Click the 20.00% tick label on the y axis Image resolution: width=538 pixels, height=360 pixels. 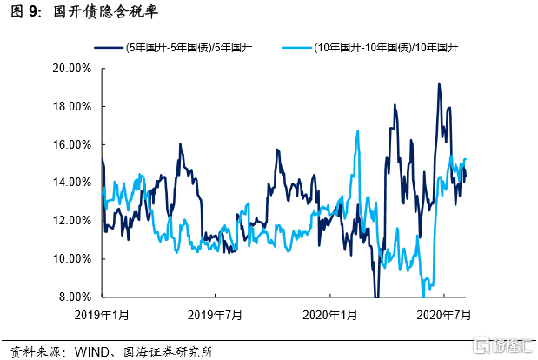[74, 68]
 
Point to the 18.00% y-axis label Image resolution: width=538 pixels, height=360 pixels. [74, 106]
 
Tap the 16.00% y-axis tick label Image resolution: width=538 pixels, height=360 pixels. [74, 144]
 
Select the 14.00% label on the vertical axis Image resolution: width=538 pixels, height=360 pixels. [74, 183]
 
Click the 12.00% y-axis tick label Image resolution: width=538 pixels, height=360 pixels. [74, 221]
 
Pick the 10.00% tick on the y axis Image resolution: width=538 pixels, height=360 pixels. [74, 259]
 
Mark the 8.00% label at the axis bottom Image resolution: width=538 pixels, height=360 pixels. [76, 297]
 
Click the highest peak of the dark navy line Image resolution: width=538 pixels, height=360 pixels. [439, 83]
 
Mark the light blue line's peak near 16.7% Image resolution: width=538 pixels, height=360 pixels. [357, 131]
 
